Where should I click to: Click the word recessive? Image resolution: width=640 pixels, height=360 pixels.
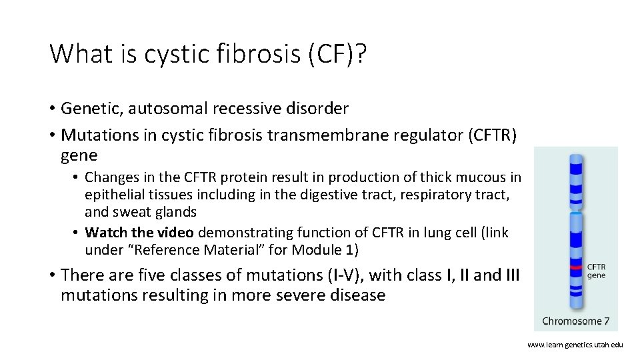(257, 108)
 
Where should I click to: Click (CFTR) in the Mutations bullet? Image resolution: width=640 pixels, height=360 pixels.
(492, 135)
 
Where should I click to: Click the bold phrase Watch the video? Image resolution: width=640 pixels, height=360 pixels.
(140, 233)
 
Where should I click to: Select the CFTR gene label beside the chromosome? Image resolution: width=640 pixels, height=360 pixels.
(596, 271)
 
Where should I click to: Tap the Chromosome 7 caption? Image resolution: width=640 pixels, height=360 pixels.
(575, 321)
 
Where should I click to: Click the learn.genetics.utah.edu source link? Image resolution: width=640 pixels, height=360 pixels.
(575, 345)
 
